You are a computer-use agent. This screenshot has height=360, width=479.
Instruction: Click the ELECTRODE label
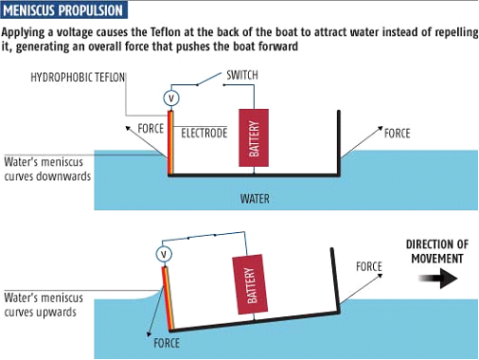(204, 133)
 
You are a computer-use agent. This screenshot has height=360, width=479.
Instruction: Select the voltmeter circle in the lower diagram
(164, 253)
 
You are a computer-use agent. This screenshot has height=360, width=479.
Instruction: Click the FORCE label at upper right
(397, 133)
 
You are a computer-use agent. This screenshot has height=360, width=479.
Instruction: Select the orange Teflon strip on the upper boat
(170, 143)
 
